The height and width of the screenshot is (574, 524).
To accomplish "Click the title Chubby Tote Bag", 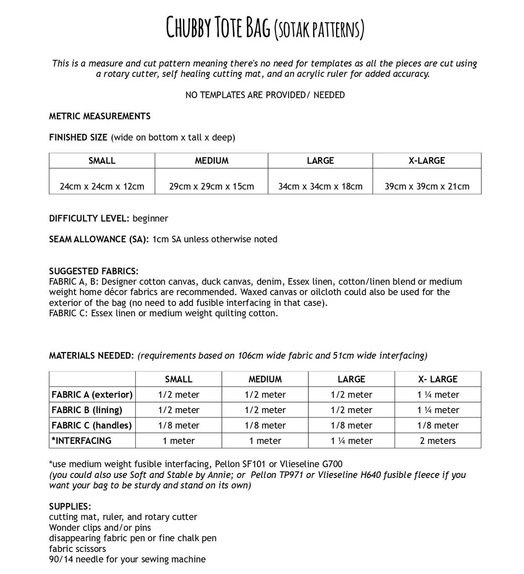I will [x=218, y=27].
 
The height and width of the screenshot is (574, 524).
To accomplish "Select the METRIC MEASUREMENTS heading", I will [x=100, y=116].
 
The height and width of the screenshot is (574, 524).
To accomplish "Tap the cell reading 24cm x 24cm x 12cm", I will [x=102, y=186].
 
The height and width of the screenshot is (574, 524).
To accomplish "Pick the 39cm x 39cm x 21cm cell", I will [x=427, y=186].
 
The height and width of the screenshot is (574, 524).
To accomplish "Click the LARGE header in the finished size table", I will [x=320, y=160].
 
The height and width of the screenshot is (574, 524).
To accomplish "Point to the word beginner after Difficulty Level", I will [x=150, y=218].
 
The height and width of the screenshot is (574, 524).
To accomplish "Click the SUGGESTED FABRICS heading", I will [x=94, y=271].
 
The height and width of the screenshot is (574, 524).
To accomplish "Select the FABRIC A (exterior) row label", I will [x=92, y=394].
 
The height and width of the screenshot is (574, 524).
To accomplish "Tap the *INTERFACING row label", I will [x=81, y=440].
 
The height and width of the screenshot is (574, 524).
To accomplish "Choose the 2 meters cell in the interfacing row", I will [x=438, y=440].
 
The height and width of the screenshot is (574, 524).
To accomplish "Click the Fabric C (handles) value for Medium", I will [x=265, y=425].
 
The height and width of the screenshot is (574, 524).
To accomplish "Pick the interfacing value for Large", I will [x=352, y=440].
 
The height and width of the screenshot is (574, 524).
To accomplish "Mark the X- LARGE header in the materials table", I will [x=438, y=379].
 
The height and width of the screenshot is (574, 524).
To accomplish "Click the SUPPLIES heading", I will [x=70, y=506].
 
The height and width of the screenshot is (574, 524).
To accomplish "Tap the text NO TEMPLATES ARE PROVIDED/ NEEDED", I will [x=265, y=95].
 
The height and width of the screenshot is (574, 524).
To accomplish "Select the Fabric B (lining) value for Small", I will [x=179, y=410].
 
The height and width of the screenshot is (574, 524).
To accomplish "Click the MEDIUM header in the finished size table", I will [x=211, y=160].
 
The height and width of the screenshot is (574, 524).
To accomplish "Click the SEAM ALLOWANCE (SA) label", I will [x=99, y=239].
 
